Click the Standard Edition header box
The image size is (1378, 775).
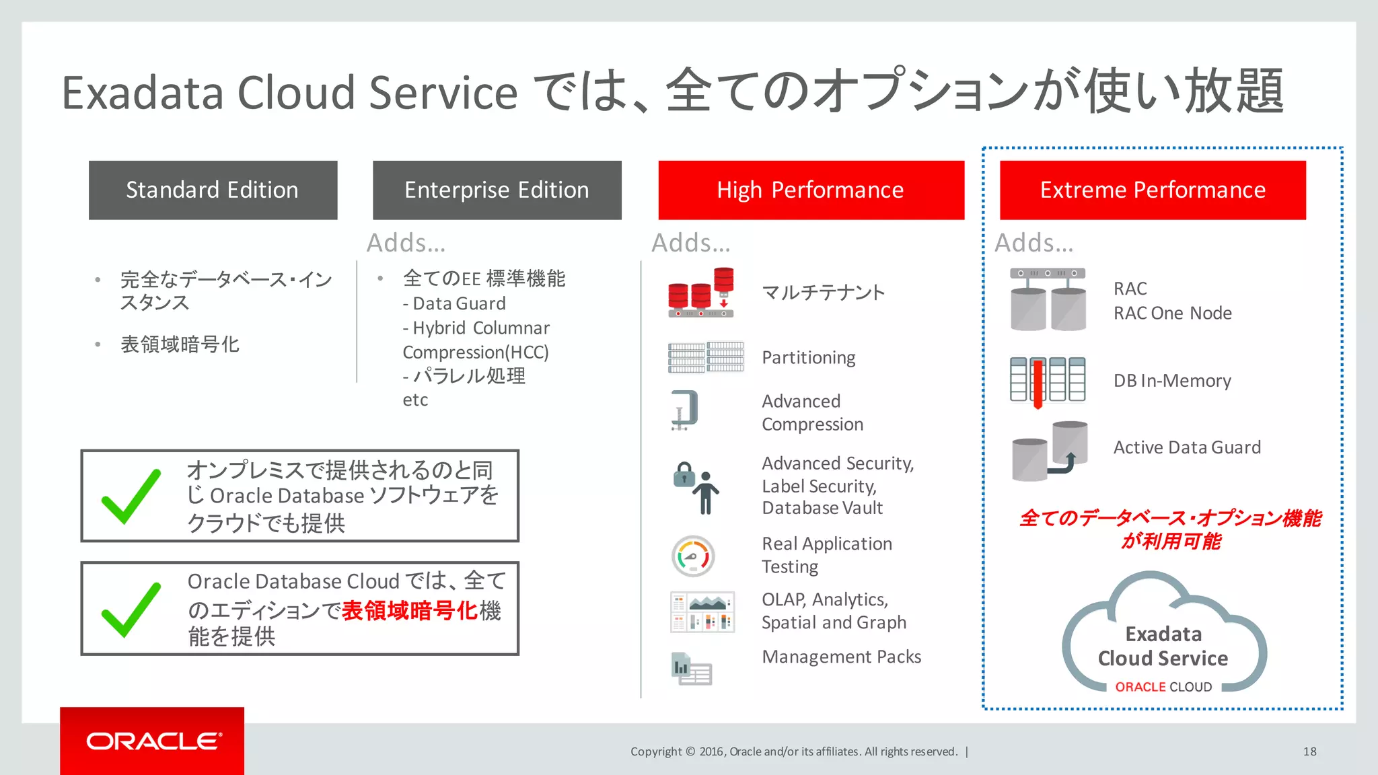213,190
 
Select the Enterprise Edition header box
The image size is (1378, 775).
497,190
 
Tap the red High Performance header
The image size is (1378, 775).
811,190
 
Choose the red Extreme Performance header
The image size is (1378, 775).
1153,190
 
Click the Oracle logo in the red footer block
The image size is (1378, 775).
153,741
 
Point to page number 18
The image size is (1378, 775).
1309,751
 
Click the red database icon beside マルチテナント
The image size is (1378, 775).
700,293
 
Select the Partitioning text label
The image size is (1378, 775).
808,357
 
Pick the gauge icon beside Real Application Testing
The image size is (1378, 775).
693,556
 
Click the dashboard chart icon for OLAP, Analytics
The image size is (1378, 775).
702,612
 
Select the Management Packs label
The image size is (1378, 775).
841,657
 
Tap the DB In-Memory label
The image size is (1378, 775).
1171,381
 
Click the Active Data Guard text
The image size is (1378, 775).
1187,447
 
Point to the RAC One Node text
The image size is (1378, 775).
1172,313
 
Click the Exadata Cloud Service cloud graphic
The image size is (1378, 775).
1163,636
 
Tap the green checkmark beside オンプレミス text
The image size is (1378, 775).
131,496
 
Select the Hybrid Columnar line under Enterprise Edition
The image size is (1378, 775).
476,328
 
